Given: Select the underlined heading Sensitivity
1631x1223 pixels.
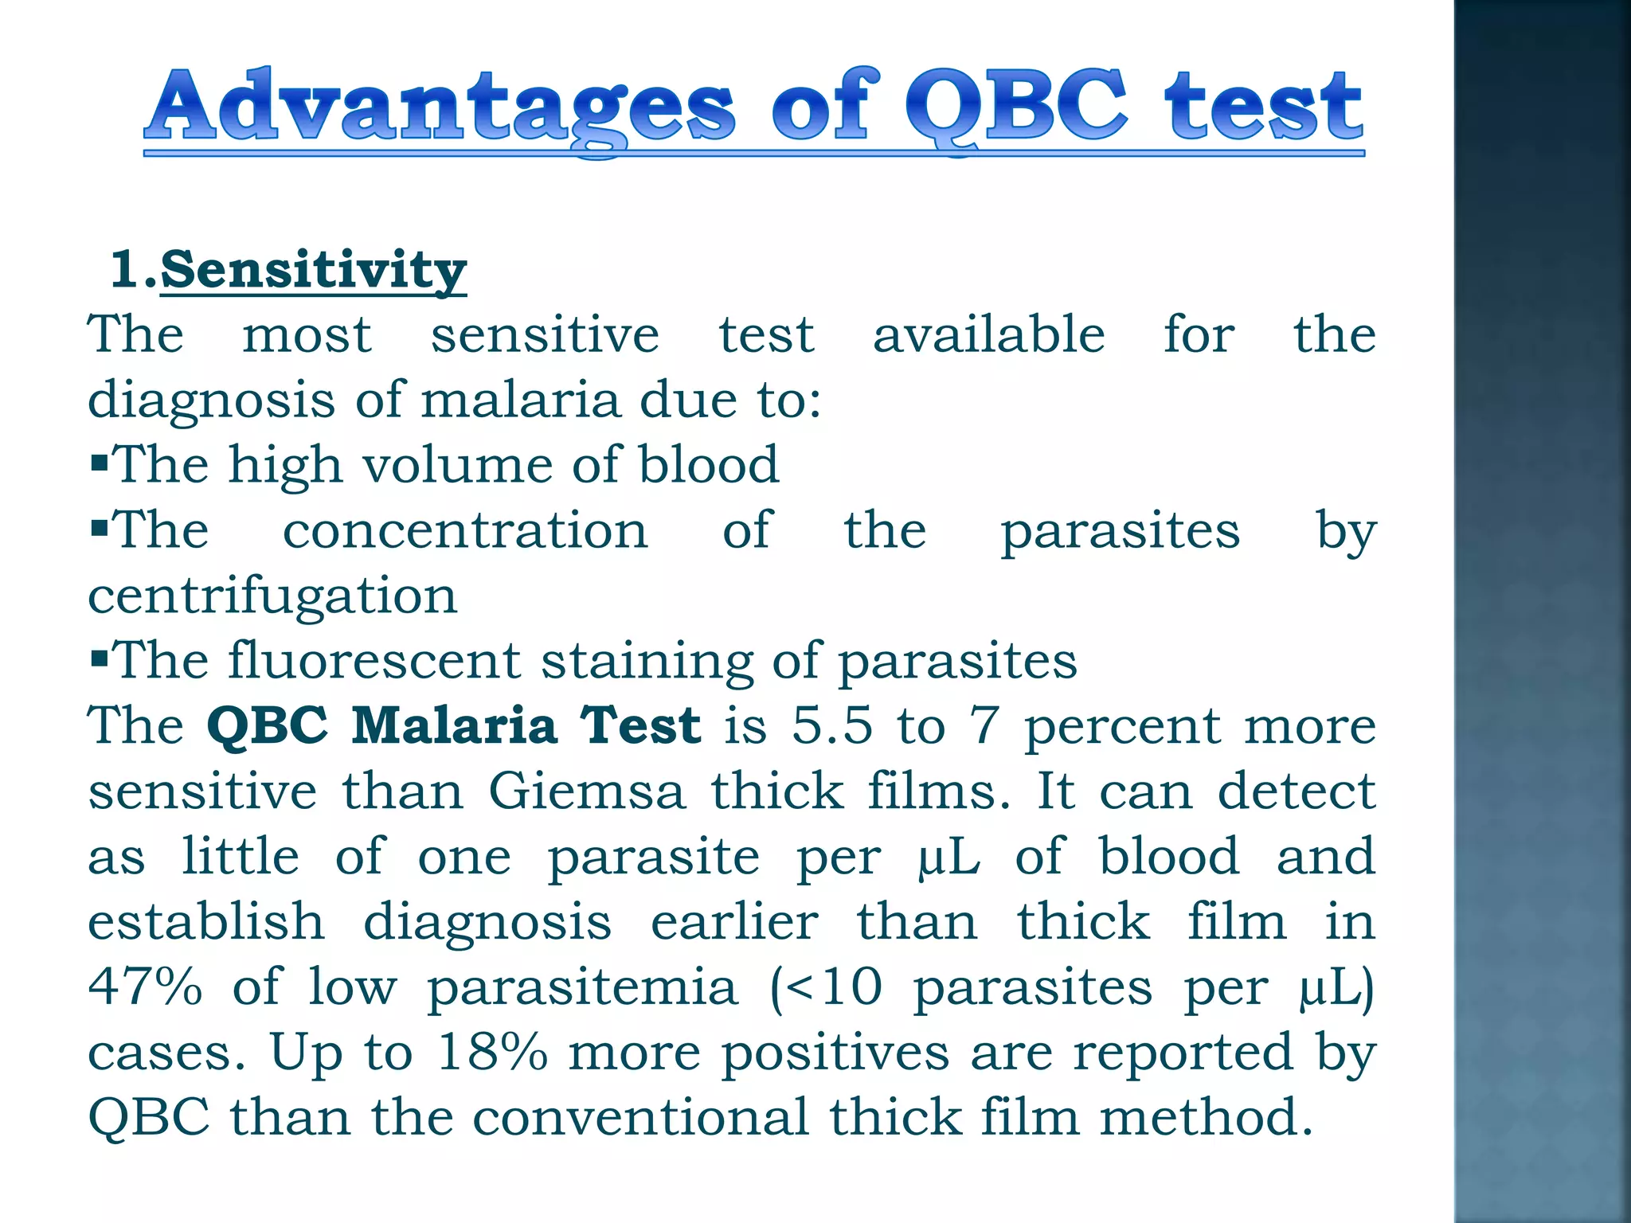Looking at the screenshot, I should click(x=313, y=270).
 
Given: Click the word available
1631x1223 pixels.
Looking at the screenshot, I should click(x=988, y=334).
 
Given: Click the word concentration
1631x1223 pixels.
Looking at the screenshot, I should click(x=465, y=530).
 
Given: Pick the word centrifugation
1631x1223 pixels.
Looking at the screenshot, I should click(x=272, y=596).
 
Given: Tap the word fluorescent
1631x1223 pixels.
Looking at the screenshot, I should click(x=374, y=661).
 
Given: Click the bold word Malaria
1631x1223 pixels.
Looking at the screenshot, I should click(x=454, y=726).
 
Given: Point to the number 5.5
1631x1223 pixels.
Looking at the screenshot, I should click(x=831, y=726).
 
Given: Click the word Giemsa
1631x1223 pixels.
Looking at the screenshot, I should click(x=587, y=792).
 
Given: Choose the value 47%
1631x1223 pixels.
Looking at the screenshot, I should click(x=145, y=987).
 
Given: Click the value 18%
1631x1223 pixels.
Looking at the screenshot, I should click(x=492, y=1052).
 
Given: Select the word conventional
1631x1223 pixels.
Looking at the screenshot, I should click(x=640, y=1117).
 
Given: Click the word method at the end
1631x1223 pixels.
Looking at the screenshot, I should click(x=1205, y=1117).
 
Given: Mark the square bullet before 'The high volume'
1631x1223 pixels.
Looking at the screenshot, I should click(x=99, y=463).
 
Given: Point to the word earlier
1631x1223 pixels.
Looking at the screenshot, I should click(x=734, y=922).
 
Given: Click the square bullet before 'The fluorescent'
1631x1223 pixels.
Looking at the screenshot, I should click(x=99, y=658).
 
